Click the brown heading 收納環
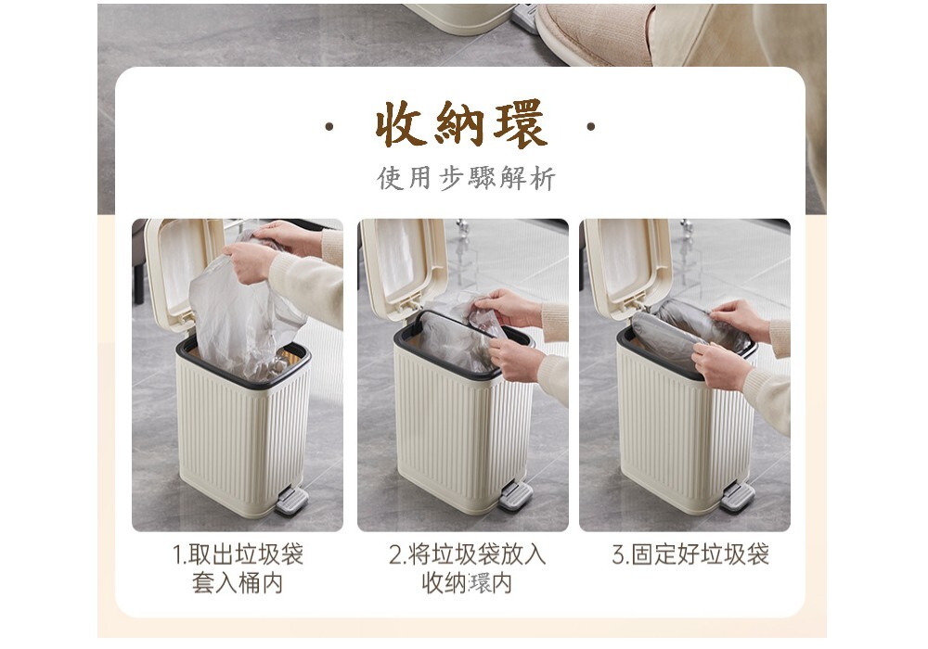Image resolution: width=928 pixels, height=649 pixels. point(461,124)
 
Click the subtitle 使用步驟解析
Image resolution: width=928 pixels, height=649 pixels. point(467,178)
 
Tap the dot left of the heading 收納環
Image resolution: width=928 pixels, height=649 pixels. point(329,126)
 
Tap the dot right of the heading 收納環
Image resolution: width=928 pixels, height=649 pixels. point(590,126)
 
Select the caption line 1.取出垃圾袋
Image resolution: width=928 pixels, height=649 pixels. point(238,554)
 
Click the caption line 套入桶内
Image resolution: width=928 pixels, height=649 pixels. point(238,583)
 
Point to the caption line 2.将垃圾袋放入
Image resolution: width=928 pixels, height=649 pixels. point(467,554)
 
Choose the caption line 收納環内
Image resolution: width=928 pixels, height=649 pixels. point(467,583)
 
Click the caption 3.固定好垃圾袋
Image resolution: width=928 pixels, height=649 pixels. point(690,554)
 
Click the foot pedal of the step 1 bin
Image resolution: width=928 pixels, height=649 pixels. point(291,500)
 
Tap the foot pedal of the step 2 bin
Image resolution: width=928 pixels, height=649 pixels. point(515,495)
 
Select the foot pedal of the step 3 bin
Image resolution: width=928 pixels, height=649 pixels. point(737,496)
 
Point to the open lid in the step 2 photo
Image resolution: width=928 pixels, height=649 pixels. point(403,268)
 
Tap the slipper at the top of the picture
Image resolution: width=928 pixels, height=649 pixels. point(592,33)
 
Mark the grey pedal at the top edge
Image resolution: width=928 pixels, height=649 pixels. point(524,18)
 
